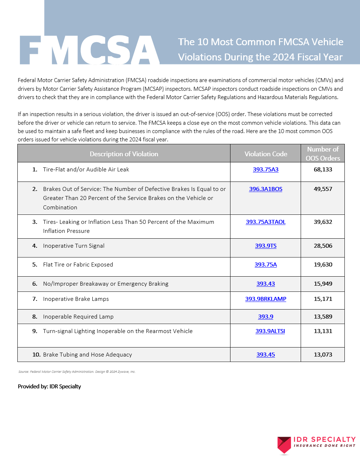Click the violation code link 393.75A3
click(x=266, y=170)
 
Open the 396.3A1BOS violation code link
click(x=266, y=189)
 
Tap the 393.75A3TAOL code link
click(x=266, y=222)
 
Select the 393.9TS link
click(x=266, y=246)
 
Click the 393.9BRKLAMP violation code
click(x=266, y=299)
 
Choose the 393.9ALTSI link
click(x=270, y=331)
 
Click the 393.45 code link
click(x=266, y=355)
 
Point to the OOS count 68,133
click(x=323, y=170)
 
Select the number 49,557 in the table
click(x=323, y=189)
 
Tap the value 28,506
click(x=323, y=246)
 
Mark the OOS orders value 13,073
click(x=323, y=355)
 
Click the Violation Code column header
click(x=266, y=154)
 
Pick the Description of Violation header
click(x=124, y=154)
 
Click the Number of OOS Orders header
click(x=323, y=154)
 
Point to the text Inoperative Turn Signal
click(x=73, y=246)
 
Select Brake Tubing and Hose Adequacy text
click(x=87, y=355)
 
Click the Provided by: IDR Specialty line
click(x=49, y=387)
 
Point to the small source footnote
click(x=77, y=372)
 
